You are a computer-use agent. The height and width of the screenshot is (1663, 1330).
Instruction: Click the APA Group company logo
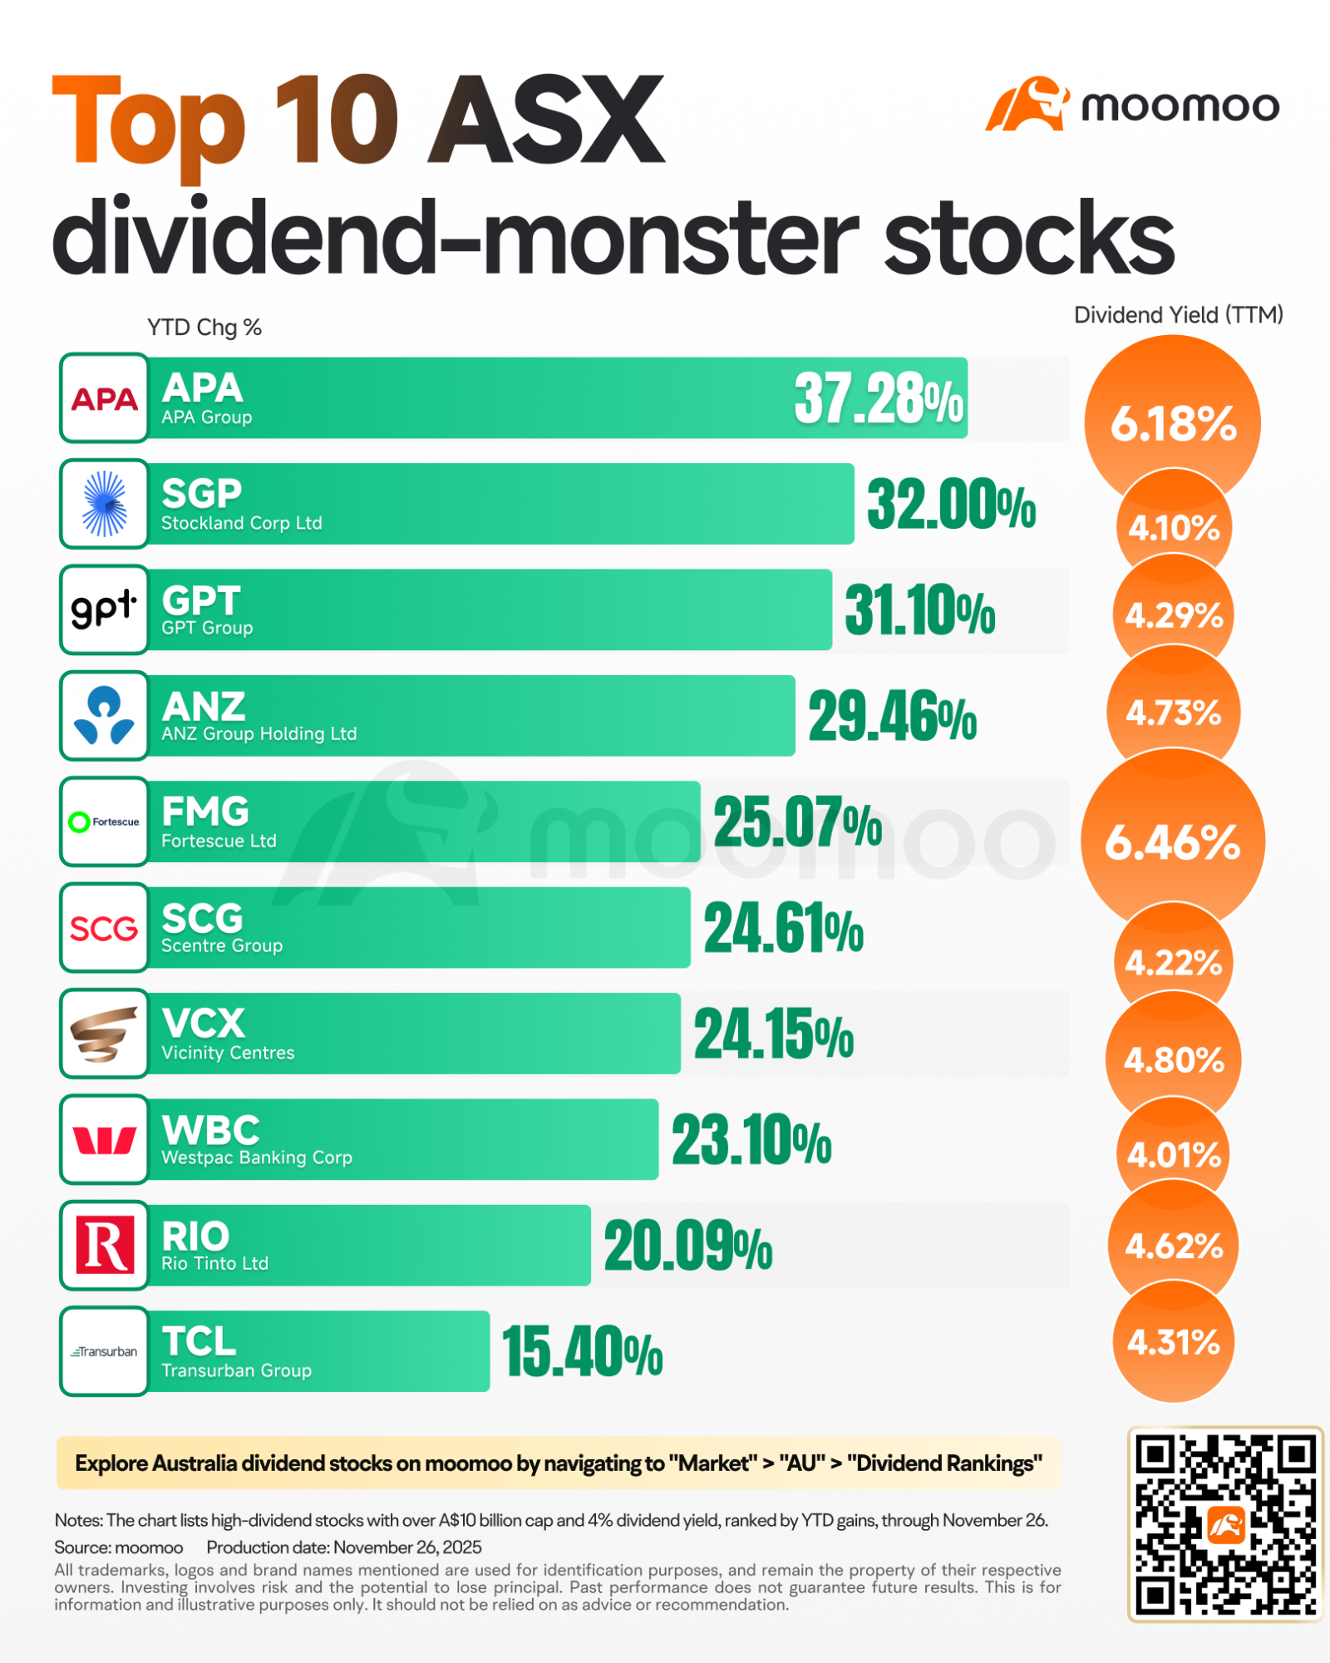[105, 398]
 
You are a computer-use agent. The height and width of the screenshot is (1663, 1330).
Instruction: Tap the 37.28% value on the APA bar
[879, 398]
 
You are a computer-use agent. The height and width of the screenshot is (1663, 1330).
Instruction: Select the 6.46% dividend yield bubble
[1172, 841]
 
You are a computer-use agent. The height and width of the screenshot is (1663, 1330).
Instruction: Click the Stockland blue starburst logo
[105, 504]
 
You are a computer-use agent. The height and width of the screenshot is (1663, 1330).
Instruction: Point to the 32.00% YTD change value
[952, 504]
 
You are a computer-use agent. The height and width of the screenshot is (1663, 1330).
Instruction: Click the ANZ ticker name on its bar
[204, 707]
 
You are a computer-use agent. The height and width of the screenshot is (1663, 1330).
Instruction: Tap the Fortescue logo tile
[105, 822]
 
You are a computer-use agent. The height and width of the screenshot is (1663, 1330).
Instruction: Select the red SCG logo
[104, 928]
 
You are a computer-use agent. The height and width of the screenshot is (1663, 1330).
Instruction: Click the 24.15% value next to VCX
[774, 1034]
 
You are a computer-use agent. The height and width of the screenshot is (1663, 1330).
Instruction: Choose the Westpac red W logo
[105, 1140]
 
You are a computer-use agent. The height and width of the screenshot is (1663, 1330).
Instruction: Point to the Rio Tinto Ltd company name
[214, 1264]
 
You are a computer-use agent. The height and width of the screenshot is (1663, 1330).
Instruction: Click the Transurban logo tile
[105, 1351]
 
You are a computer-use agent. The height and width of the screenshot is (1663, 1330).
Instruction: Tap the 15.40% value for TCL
[583, 1352]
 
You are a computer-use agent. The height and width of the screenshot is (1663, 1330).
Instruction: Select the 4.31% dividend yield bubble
[1174, 1342]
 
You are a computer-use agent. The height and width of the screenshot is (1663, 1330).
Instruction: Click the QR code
[1225, 1524]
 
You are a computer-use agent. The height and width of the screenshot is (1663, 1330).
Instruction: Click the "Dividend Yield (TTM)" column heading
[1179, 315]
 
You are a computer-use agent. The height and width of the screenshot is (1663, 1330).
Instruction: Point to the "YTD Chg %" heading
[204, 328]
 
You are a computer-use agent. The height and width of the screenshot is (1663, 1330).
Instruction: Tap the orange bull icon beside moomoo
[1027, 104]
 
